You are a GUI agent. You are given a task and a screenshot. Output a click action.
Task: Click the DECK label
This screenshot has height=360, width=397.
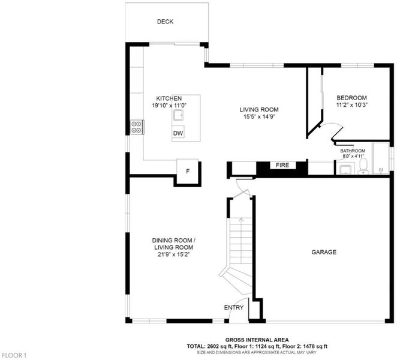[165, 22]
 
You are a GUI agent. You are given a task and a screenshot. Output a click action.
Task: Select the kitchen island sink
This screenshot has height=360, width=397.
[179, 116]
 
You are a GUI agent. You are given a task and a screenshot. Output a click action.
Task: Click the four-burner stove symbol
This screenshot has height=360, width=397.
[137, 127]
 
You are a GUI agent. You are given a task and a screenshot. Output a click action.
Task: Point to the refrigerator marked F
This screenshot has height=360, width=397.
[187, 171]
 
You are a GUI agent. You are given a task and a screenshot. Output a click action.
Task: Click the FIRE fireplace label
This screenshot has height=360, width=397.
[282, 165]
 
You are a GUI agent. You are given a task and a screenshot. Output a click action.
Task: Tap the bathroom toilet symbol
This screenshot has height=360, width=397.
[363, 167]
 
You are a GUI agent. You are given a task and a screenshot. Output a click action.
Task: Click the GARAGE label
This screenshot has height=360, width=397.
[324, 252]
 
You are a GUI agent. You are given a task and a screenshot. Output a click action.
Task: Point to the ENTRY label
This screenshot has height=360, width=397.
[234, 308]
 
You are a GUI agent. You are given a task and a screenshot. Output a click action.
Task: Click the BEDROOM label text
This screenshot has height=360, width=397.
[351, 98]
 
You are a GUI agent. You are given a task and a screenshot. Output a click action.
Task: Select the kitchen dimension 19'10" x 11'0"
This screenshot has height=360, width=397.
[169, 106]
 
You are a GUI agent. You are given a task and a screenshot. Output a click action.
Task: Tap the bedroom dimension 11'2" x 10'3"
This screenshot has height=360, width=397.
[351, 105]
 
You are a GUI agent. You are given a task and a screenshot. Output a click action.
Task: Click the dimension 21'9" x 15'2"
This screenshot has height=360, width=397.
[174, 254]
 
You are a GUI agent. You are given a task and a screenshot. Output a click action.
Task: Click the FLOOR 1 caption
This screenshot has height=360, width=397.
[14, 355]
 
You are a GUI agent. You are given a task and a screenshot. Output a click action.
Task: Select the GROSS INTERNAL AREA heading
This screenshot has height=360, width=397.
[257, 340]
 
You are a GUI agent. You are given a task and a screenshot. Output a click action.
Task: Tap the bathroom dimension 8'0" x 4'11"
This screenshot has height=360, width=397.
[353, 156]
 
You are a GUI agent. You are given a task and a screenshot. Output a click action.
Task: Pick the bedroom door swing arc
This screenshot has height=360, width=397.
[334, 125]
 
